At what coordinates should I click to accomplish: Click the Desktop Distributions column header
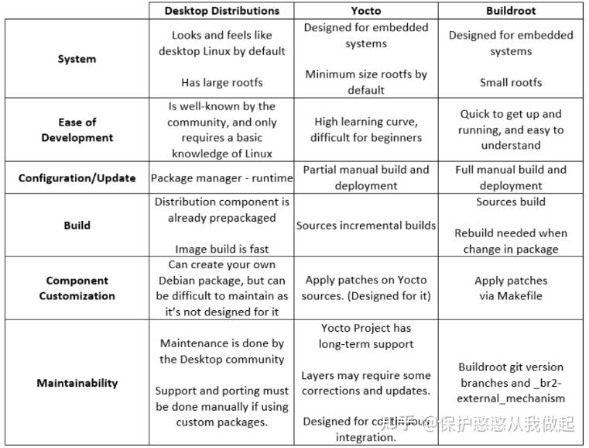point(221,11)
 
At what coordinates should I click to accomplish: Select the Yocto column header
point(365,11)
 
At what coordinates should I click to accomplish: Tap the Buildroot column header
point(511,11)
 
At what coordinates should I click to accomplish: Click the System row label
point(77,59)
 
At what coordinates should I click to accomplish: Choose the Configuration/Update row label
point(77,177)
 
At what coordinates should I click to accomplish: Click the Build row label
point(77,226)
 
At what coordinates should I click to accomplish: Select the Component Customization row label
point(77,288)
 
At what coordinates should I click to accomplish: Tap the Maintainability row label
point(77,383)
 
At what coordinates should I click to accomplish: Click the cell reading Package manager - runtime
point(221,177)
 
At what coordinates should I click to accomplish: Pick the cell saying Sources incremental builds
point(365,226)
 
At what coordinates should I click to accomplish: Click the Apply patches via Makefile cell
point(511,288)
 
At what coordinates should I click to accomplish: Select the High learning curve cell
point(365,129)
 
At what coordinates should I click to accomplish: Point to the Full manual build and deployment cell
point(511,177)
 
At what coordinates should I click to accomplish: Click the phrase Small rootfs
point(511,82)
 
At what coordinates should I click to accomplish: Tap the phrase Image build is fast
point(221,250)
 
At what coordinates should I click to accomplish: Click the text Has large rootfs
point(221,82)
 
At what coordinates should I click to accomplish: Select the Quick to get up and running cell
point(511,129)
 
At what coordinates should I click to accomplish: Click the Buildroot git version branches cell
point(511,383)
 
